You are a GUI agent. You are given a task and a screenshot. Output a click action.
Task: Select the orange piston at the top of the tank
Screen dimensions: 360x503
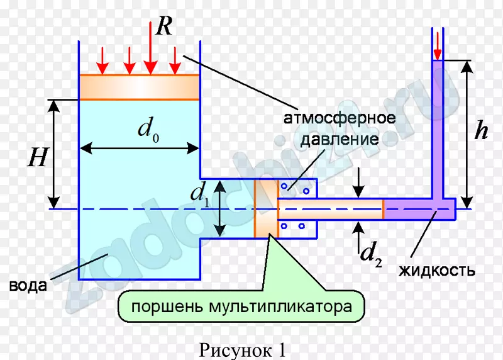coord(139,87)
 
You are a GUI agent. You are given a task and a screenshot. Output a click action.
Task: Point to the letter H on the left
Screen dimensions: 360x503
coord(36,157)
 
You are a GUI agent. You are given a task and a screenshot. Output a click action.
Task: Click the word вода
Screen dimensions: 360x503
coord(28,286)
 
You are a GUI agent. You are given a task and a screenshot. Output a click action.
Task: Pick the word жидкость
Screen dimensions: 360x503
coord(437,271)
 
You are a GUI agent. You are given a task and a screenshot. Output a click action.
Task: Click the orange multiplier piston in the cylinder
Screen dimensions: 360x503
coord(266,208)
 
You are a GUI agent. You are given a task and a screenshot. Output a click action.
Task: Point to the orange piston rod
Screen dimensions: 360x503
coord(331,209)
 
